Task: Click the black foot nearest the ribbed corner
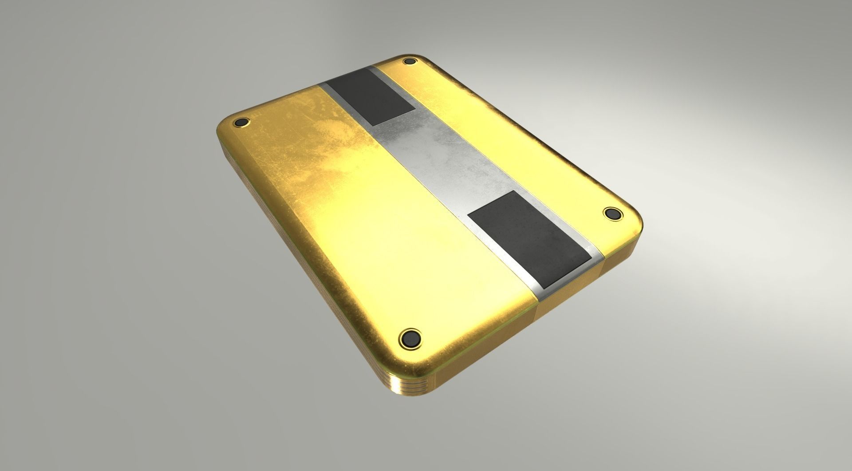point(410,337)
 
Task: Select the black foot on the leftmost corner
point(242,123)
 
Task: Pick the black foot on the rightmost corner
point(613,213)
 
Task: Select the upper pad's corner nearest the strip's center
point(415,109)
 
